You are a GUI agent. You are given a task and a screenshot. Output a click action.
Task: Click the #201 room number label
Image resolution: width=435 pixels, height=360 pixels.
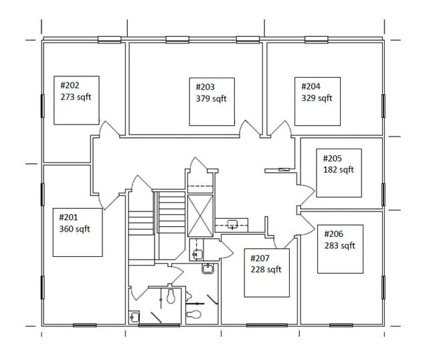pos(68,217)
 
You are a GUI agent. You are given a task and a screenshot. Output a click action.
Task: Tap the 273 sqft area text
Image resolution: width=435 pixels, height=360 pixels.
pos(76,97)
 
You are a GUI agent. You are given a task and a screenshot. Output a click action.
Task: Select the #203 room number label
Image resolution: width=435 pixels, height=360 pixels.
pos(205,87)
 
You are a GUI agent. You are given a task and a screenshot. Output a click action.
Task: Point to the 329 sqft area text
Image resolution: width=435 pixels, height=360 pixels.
pos(317,98)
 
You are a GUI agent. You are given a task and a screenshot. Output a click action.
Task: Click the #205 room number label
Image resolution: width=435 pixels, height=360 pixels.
pos(333,159)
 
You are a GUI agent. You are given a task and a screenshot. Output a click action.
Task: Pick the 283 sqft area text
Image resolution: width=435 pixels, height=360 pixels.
pos(340,246)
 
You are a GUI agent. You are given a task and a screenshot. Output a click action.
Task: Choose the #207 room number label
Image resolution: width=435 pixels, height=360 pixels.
pos(260,258)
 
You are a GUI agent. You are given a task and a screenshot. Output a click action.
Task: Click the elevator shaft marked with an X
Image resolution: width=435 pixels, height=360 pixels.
pos(200,215)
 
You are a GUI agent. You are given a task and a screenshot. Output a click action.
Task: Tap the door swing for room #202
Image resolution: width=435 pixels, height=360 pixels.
pos(110,128)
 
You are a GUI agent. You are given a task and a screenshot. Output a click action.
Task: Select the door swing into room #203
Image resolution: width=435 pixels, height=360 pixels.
pos(250,128)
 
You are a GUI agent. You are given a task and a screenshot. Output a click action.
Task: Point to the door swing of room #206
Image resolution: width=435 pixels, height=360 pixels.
pos(307,226)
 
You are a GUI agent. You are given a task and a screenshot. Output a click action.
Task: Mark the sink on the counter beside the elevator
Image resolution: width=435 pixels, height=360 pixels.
pos(232,224)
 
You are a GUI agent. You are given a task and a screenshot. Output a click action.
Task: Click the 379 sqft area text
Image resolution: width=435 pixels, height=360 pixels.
pos(211,98)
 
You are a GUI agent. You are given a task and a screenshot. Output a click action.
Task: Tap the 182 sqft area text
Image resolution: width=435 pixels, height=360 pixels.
pos(339,169)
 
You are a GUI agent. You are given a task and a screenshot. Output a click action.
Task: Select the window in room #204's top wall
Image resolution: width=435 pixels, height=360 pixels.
pos(317,39)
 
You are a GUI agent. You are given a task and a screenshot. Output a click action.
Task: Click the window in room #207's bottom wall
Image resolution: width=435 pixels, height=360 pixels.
pos(267,325)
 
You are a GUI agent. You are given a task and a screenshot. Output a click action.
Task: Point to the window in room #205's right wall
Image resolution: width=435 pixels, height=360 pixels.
pos(383,195)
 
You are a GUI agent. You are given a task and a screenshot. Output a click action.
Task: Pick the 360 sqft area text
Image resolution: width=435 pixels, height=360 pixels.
pos(75,229)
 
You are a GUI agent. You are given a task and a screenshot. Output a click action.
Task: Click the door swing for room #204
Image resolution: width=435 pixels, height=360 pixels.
pos(280,128)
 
